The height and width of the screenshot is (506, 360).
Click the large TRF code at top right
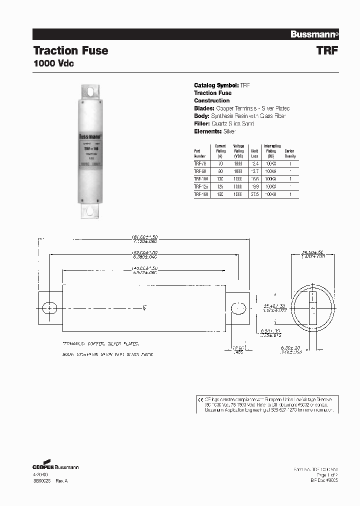coord(328,50)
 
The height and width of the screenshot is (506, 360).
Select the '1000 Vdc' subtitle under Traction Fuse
coord(53,64)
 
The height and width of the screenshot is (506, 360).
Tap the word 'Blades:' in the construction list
coord(204,108)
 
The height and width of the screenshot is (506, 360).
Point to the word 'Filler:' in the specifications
coord(202,123)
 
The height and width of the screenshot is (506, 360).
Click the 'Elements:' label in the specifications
coord(207,131)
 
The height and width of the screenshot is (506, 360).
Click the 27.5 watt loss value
coord(255,193)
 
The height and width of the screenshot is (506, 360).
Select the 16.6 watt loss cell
coord(255,178)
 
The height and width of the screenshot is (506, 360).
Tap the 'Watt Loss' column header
coord(254,153)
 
